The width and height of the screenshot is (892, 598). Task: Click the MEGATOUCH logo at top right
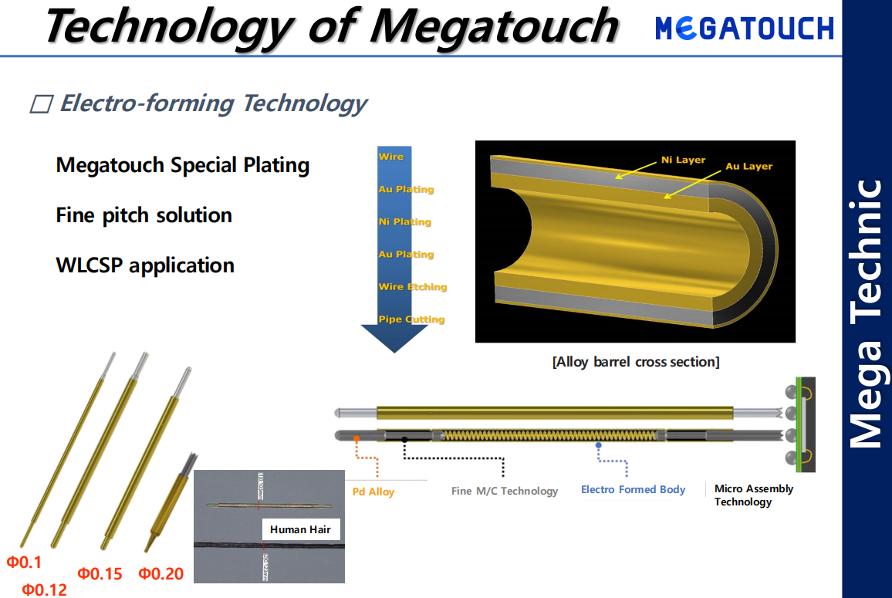tap(745, 29)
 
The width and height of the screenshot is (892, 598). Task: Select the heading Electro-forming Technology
tap(213, 103)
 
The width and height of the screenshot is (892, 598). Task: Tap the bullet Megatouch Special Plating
tap(183, 165)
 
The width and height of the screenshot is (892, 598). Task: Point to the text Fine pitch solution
tap(144, 215)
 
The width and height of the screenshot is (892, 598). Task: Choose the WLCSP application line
tap(145, 265)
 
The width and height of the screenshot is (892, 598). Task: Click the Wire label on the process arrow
tap(391, 157)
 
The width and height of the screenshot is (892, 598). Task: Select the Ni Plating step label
tap(405, 222)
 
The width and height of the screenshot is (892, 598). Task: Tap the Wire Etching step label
tap(413, 287)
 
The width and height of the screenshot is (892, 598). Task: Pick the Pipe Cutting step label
tap(411, 319)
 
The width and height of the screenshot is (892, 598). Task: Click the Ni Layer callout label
tap(683, 160)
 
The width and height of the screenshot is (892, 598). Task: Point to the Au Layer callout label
tap(748, 166)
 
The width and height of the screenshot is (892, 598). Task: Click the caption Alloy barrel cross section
tap(636, 362)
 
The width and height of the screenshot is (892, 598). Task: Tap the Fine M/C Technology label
tap(505, 491)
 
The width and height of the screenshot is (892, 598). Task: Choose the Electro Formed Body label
tap(633, 489)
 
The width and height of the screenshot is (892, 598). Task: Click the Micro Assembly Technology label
tap(753, 495)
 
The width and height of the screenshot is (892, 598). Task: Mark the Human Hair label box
tap(300, 529)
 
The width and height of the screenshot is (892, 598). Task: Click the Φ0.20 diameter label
tap(161, 573)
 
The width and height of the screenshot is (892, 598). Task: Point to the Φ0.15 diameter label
tap(100, 573)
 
